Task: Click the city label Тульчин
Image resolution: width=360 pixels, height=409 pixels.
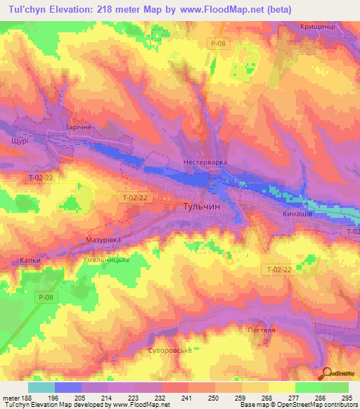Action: point(191,209)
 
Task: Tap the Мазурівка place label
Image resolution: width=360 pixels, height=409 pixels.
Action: point(103,240)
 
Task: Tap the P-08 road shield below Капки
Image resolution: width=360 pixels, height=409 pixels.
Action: point(46,298)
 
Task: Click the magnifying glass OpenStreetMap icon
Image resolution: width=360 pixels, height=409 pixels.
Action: point(327,375)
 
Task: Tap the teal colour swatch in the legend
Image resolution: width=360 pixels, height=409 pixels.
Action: point(41,387)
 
